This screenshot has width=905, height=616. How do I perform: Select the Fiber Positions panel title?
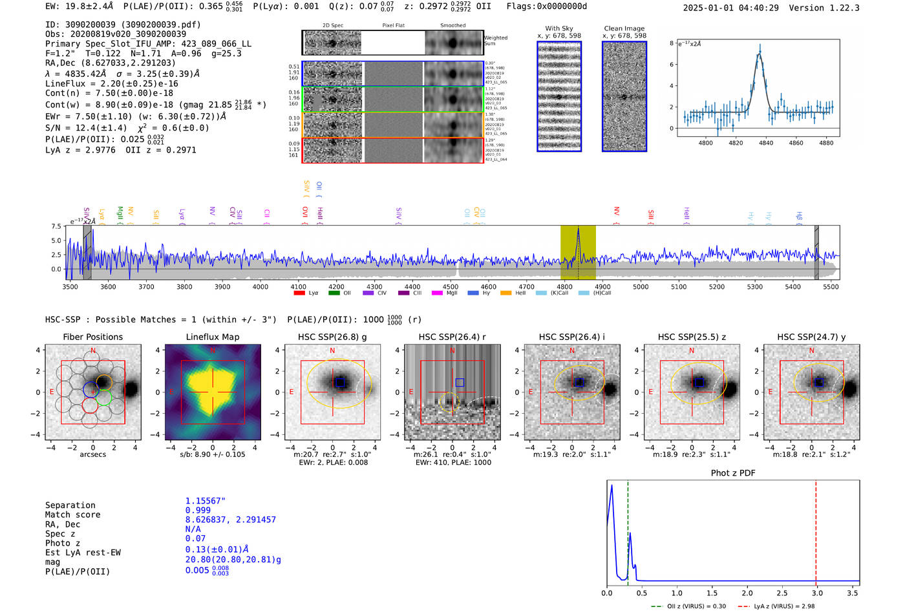tap(92, 337)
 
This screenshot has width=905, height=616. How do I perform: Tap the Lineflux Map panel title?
tap(212, 337)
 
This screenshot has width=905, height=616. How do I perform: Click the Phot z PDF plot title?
tap(733, 473)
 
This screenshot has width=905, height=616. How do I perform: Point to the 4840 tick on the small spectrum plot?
tap(766, 143)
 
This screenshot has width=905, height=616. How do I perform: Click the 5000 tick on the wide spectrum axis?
tap(641, 286)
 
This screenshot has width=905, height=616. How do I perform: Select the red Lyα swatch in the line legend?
tap(299, 293)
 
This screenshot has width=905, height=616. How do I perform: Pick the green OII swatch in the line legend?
tap(334, 293)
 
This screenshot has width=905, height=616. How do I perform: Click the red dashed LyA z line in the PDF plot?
tap(816, 530)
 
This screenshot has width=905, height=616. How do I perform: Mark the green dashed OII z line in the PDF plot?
tap(628, 530)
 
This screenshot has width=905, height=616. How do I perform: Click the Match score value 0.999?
tap(198, 511)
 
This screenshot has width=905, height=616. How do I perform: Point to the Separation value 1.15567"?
tap(205, 501)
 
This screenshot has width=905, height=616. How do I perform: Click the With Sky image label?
tap(559, 28)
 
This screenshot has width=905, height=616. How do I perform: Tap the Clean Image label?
tap(624, 28)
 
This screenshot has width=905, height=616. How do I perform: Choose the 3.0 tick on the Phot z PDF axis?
tap(817, 593)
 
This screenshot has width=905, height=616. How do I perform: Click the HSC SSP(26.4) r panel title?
tap(452, 337)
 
